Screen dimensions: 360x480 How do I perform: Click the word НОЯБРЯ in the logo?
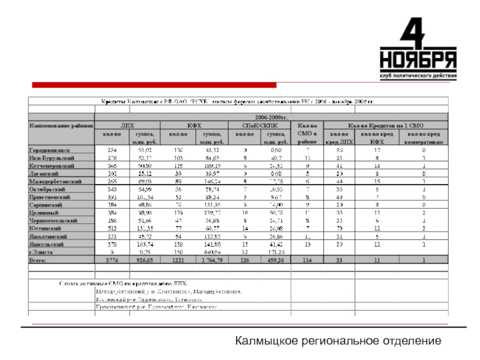click(x=418, y=61)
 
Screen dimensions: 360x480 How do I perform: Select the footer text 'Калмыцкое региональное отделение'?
click(x=338, y=341)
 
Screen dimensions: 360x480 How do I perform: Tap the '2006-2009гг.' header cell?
click(x=271, y=118)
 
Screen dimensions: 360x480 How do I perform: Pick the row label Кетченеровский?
click(x=52, y=165)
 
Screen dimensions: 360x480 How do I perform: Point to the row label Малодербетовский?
click(x=55, y=181)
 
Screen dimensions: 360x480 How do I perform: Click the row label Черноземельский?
click(x=53, y=221)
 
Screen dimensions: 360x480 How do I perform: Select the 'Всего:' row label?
click(x=39, y=261)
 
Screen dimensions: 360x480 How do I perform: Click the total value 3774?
click(x=112, y=261)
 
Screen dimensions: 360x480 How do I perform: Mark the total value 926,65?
click(x=145, y=261)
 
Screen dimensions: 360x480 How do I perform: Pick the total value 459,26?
click(x=277, y=261)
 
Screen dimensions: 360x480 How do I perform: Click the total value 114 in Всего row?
click(x=307, y=261)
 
